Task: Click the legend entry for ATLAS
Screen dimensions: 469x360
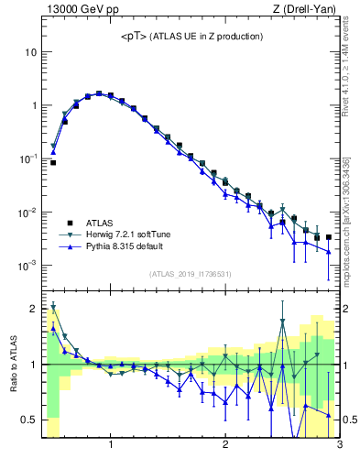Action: (102, 223)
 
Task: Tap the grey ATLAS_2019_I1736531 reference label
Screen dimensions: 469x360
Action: (191, 274)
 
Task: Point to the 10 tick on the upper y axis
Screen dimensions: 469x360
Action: (29, 52)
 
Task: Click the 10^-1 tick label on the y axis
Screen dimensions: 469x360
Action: (27, 158)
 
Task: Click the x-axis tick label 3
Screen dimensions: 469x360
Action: (339, 446)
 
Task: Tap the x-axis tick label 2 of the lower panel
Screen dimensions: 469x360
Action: (225, 446)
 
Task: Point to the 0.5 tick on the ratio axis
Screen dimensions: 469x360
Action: (29, 420)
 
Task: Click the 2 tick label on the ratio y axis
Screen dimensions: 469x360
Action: (33, 309)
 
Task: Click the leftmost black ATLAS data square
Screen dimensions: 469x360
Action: (53, 162)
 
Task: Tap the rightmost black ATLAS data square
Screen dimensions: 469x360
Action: (329, 237)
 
